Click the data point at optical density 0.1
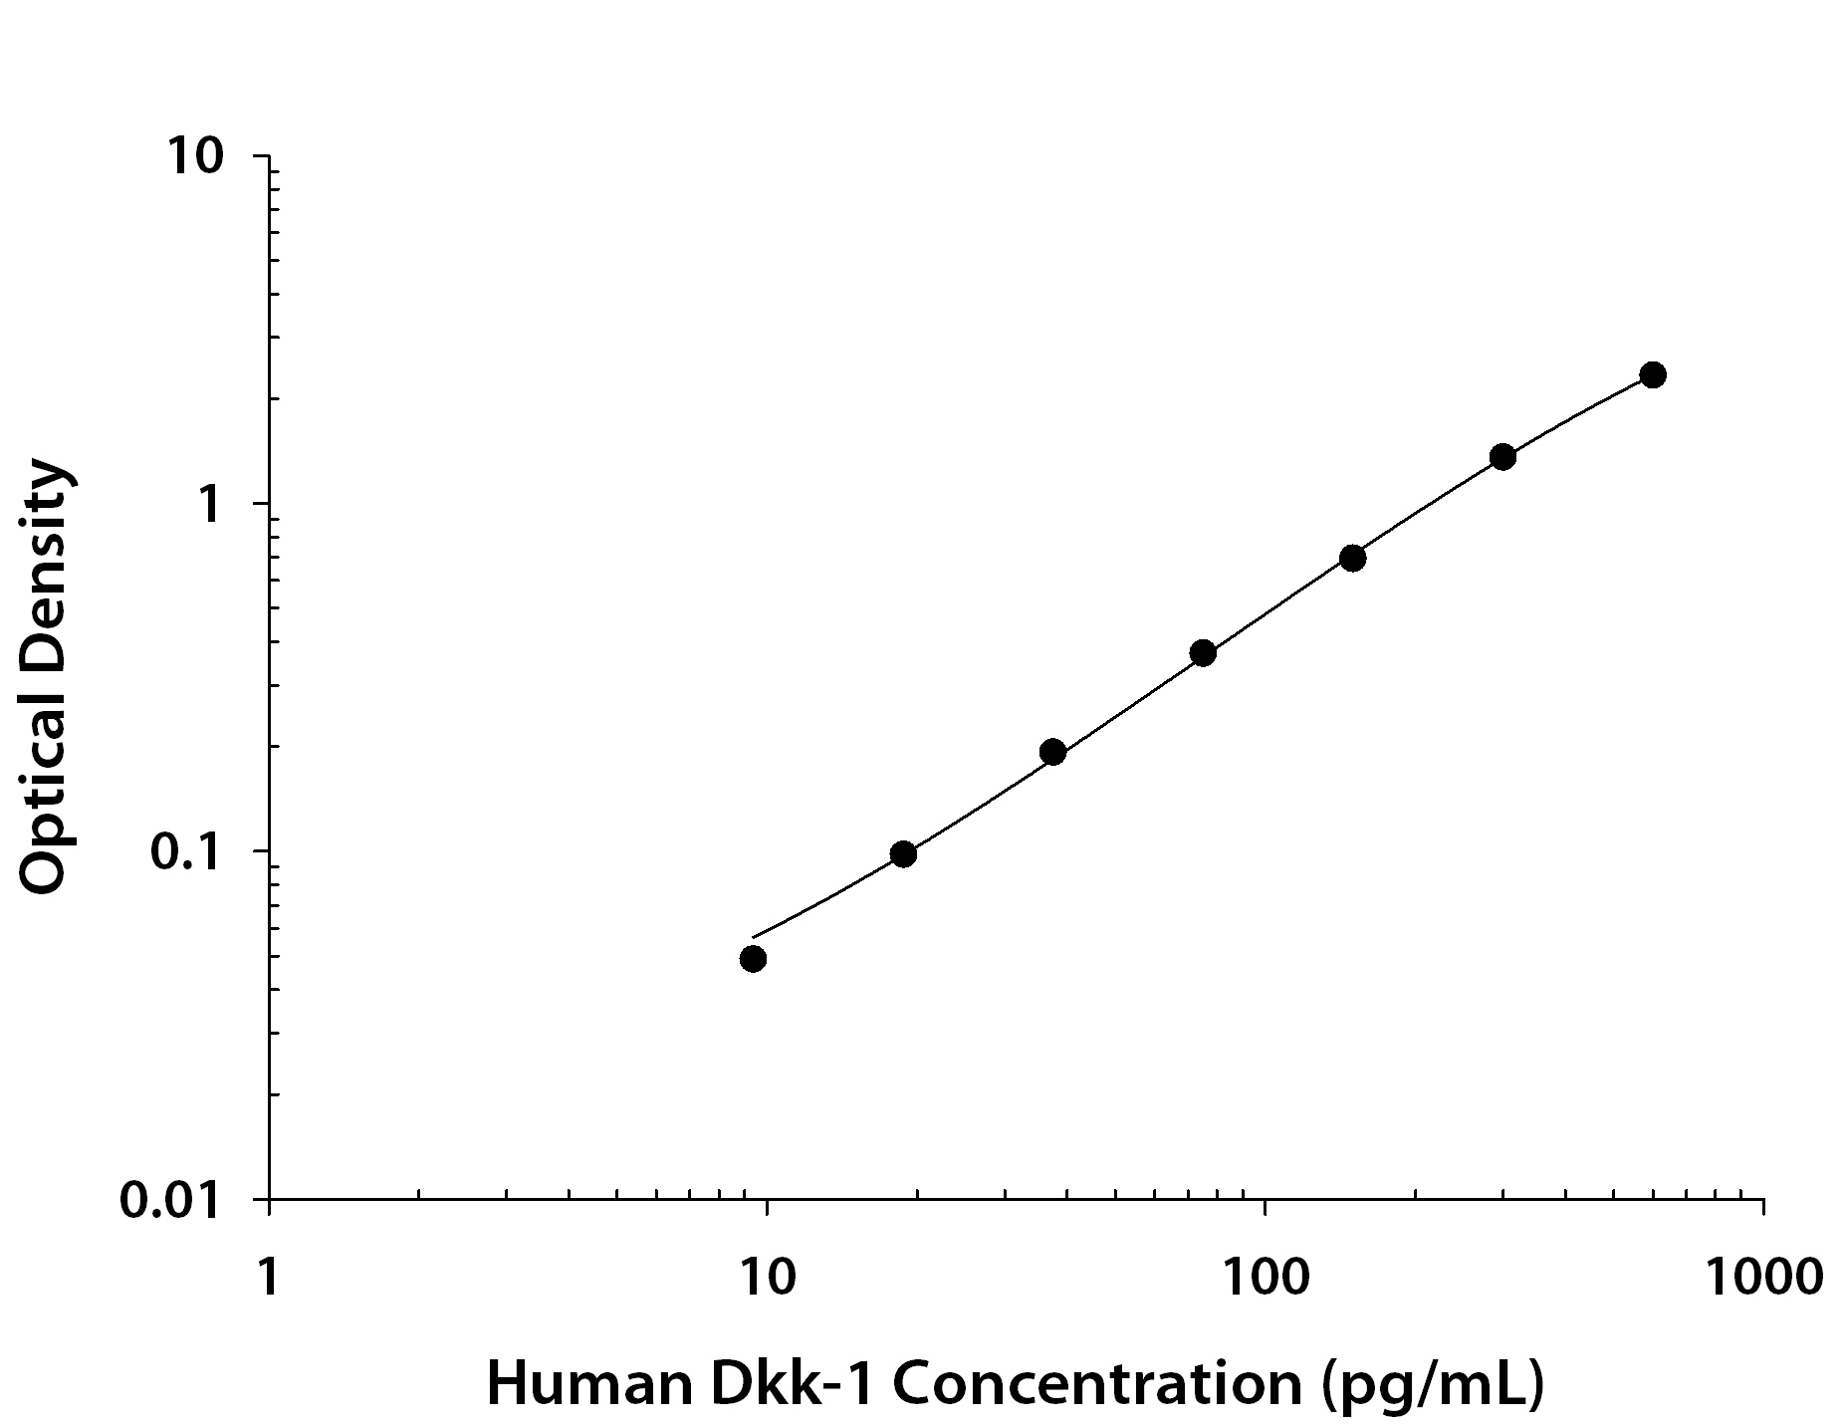click(903, 853)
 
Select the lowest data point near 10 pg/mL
click(753, 959)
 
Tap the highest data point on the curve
click(1652, 375)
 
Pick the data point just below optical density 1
click(1352, 558)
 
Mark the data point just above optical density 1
click(1502, 457)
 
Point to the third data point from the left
click(1052, 752)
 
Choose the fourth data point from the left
click(1203, 653)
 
